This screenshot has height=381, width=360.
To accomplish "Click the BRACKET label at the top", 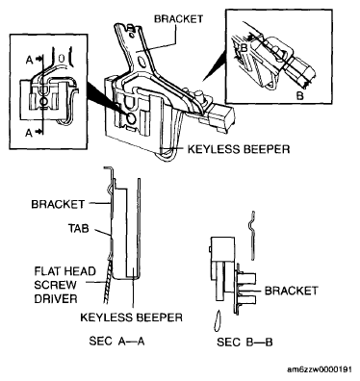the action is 178,19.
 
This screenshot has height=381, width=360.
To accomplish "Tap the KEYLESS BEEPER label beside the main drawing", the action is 239,149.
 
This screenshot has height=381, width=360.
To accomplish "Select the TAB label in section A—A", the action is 78,228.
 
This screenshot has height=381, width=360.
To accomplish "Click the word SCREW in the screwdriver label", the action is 56,285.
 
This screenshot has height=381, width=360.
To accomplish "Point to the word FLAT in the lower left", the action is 45,271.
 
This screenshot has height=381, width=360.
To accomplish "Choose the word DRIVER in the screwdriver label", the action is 56,299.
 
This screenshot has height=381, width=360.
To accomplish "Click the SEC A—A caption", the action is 116,341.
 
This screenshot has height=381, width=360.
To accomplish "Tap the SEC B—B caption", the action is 244,343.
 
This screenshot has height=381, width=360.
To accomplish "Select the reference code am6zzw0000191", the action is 320,369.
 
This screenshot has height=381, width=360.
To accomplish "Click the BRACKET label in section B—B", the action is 291,291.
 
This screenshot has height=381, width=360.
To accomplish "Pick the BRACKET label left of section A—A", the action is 58,204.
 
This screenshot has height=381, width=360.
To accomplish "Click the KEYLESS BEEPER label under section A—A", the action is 131,317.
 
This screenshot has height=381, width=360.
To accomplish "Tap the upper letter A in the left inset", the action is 30,60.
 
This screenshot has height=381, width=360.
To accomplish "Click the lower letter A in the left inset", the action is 29,132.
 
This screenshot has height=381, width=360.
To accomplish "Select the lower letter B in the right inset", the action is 299,96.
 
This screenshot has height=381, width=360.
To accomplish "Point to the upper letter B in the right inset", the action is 244,49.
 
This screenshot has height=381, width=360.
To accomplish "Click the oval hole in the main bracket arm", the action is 142,63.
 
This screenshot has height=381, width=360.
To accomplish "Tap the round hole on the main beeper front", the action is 131,118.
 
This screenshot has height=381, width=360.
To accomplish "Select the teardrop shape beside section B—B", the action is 218,320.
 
